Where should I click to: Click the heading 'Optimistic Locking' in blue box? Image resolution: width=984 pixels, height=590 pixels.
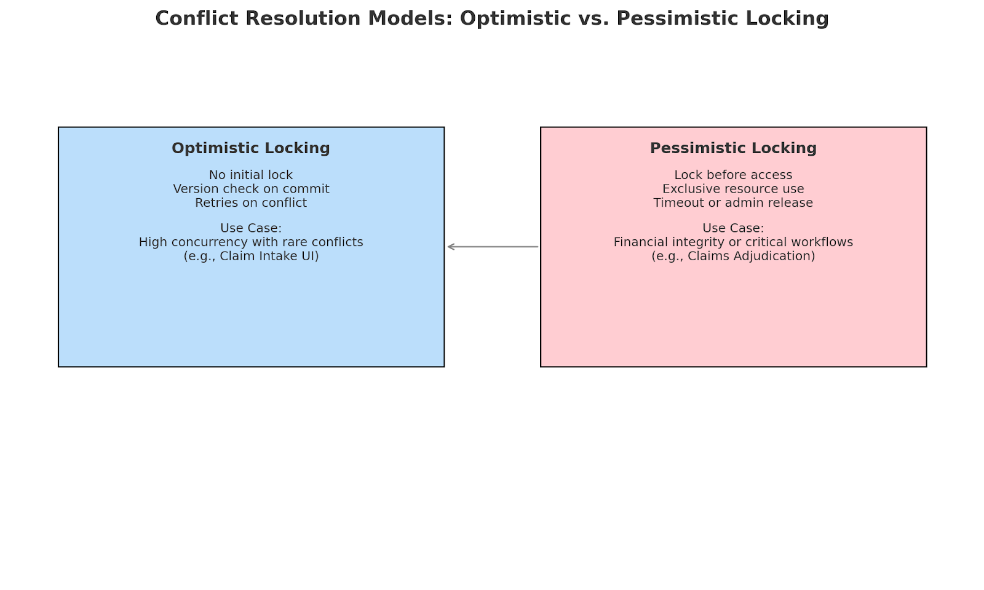click(250, 148)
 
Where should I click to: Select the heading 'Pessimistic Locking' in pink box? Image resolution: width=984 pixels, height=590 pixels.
click(733, 148)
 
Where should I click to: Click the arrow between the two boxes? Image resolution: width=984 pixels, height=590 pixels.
click(493, 247)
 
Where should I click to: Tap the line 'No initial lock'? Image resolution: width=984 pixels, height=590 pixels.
click(250, 175)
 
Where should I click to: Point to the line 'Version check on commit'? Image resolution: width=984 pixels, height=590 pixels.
click(250, 189)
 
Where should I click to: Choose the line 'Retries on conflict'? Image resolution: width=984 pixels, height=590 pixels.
click(250, 203)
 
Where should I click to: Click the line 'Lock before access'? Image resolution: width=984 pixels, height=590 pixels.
click(733, 175)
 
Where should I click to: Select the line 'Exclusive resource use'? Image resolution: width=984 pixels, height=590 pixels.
click(733, 189)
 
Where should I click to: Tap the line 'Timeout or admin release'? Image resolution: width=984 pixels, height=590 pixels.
click(733, 203)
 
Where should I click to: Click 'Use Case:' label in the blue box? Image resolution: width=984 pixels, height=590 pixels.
click(250, 228)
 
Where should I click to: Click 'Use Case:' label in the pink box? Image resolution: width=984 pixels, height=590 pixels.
click(733, 228)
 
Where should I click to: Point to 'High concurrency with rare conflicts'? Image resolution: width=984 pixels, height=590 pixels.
click(250, 242)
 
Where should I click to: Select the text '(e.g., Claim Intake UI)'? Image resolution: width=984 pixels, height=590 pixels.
click(250, 256)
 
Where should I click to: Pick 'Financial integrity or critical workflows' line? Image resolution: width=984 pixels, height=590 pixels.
click(733, 242)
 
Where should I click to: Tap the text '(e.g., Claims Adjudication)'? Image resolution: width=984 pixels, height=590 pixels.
click(733, 256)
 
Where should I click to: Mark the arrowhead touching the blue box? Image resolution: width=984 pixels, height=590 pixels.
click(450, 247)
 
